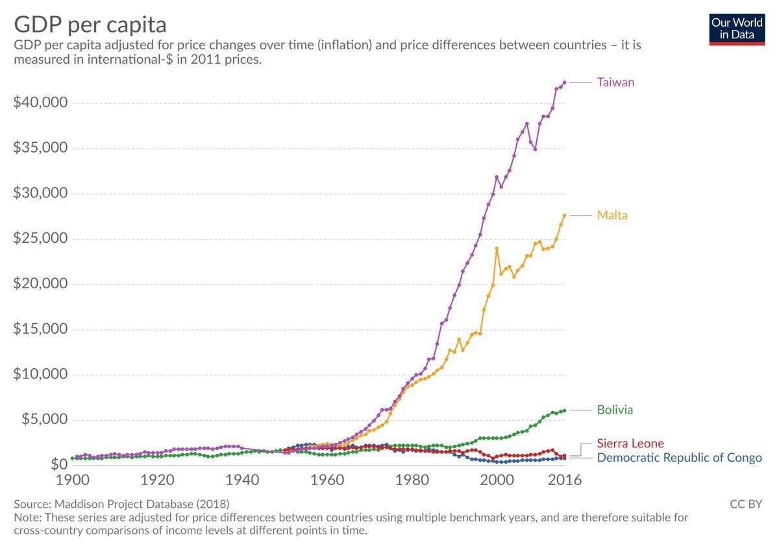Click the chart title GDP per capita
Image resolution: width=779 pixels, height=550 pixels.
click(90, 25)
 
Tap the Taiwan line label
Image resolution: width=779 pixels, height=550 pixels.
click(615, 82)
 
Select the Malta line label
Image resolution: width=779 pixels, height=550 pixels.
click(612, 215)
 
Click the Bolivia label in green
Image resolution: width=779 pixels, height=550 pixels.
click(614, 410)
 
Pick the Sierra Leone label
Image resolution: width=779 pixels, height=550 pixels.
click(630, 444)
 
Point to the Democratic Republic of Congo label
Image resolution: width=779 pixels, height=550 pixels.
click(678, 458)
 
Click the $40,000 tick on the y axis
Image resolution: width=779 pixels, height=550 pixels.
click(40, 103)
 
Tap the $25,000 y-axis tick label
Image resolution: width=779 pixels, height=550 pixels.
click(40, 238)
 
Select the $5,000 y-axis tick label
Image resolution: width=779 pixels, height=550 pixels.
click(44, 419)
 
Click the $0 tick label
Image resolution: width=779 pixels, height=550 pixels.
click(58, 464)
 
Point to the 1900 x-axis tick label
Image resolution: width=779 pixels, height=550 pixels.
click(72, 481)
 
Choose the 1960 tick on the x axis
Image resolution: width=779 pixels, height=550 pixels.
click(327, 481)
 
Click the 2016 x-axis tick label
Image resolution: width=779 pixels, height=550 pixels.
click(565, 481)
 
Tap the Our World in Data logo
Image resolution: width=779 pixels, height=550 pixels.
click(737, 29)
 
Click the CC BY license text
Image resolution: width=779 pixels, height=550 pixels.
click(746, 504)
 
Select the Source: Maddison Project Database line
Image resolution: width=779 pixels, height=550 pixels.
click(121, 504)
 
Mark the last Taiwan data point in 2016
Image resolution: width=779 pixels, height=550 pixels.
click(564, 82)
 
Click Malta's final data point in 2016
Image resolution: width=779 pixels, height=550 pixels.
click(564, 215)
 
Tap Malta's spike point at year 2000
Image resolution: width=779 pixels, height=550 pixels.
click(497, 249)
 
